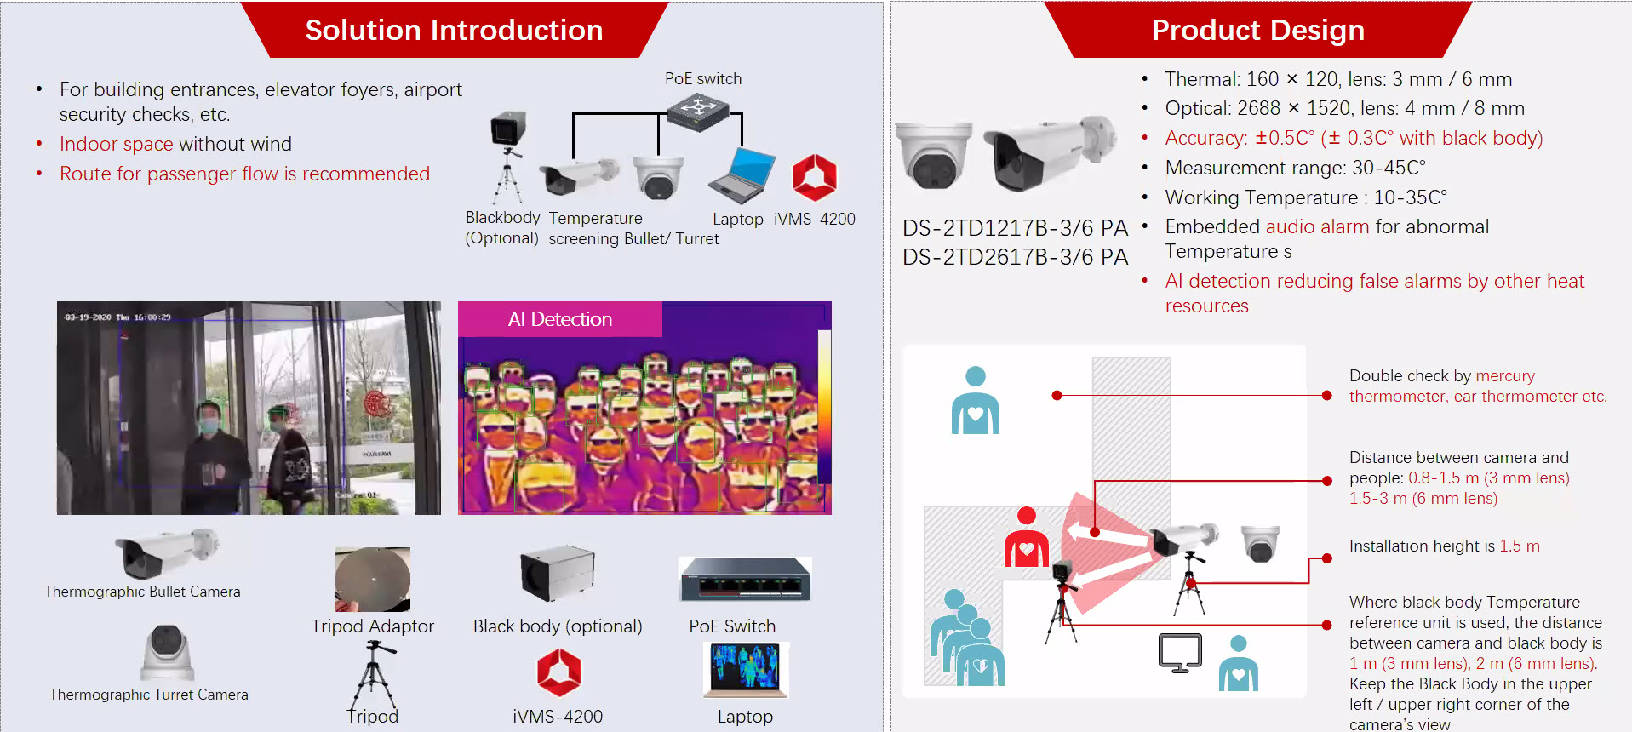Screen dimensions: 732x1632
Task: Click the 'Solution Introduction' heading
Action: point(454,31)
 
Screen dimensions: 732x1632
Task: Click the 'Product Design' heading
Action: point(1257,31)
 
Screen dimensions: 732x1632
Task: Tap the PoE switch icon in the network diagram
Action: point(698,112)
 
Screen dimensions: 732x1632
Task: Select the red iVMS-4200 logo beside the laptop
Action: point(814,177)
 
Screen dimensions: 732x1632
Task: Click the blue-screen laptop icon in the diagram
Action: point(742,175)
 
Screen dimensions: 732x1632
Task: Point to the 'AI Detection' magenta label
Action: point(559,319)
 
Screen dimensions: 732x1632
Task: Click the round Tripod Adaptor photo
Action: point(373,580)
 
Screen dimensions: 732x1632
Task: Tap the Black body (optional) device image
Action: point(557,574)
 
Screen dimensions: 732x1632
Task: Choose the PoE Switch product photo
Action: point(745,580)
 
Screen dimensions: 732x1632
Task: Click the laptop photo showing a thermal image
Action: point(747,669)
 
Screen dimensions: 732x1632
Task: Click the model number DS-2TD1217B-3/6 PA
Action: point(1015,228)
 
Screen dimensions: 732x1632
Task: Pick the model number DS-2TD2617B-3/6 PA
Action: point(1015,257)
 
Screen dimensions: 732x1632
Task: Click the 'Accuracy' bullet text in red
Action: point(1354,138)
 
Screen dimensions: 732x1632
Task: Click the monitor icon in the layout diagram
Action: point(1180,653)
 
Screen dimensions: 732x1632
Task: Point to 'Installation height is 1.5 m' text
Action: point(1444,546)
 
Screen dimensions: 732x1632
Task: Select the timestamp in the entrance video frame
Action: point(118,317)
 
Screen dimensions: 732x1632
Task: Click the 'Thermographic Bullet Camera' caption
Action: point(142,592)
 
